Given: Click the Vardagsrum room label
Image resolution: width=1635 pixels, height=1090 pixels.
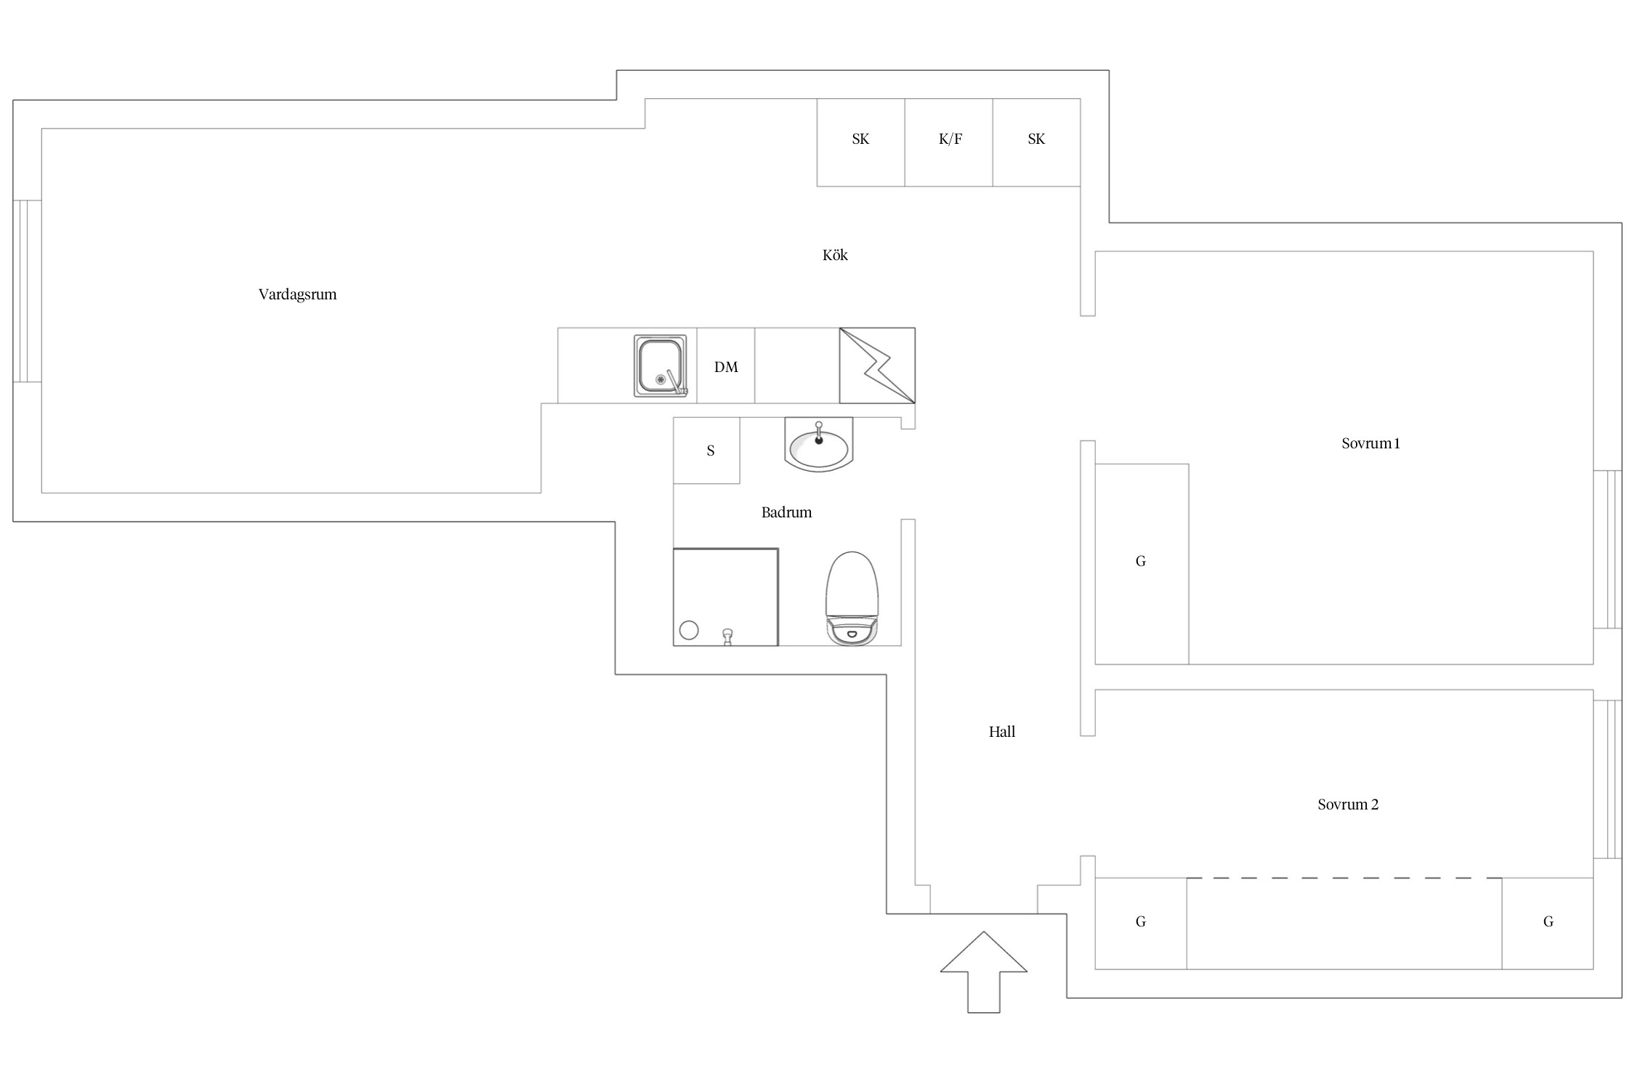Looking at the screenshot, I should click(297, 294).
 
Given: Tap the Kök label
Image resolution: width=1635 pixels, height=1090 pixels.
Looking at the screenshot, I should click(835, 255).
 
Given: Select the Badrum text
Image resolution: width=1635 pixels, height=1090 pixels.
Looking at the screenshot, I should click(786, 512).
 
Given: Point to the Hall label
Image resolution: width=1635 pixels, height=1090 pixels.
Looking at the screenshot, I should click(1001, 732).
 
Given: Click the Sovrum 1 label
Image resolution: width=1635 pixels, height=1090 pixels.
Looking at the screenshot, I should click(1370, 443).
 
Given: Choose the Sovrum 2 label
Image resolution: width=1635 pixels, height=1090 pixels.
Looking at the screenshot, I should click(1347, 804).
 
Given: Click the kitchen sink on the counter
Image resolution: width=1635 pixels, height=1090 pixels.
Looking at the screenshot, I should click(660, 366).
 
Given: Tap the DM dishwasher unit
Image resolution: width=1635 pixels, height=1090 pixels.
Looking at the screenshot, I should click(726, 366).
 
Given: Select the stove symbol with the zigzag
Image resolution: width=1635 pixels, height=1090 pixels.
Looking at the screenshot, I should click(877, 366).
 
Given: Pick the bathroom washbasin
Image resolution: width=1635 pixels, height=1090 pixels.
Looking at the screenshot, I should click(819, 445).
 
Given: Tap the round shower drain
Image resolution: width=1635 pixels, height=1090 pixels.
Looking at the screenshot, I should click(689, 630).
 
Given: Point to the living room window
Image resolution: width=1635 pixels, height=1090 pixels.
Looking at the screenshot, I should click(27, 291).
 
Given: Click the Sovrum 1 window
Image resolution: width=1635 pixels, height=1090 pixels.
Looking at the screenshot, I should click(1607, 549).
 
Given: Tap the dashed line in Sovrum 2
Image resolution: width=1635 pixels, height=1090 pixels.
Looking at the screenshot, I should click(1344, 879).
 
